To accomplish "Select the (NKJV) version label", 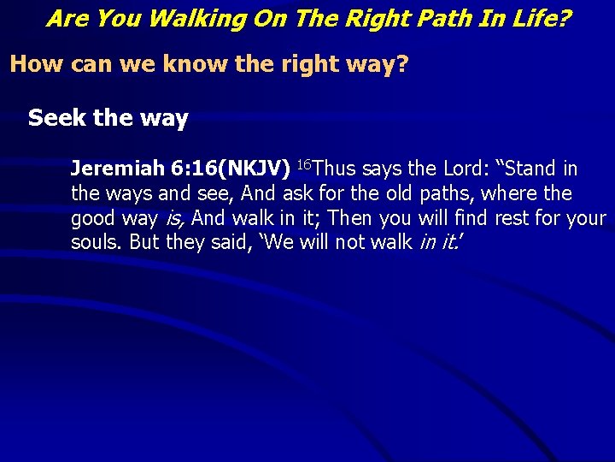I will [x=254, y=169].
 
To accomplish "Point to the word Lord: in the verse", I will [x=465, y=169].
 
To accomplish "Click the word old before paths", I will [x=405, y=193].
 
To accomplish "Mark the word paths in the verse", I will [x=449, y=193].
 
